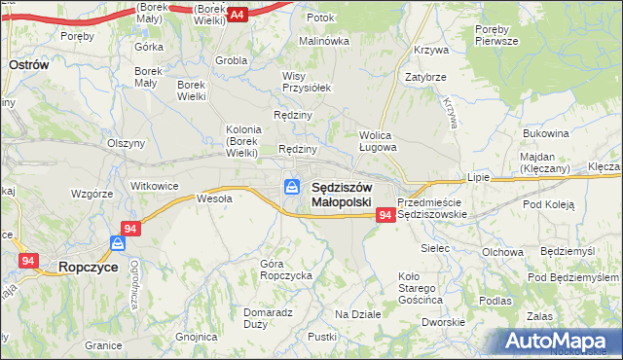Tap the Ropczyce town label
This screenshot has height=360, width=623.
[x=89, y=266]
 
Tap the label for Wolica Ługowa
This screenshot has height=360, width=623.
[x=378, y=141]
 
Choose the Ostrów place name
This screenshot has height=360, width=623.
[x=29, y=62]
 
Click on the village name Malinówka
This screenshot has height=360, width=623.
[x=323, y=41]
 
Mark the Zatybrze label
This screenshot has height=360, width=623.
[x=425, y=77]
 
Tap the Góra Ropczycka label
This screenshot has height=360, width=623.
[x=286, y=270]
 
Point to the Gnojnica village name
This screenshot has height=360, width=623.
[x=197, y=337]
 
